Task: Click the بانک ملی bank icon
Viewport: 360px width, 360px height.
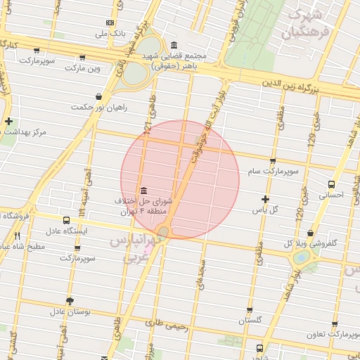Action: (x=109, y=22)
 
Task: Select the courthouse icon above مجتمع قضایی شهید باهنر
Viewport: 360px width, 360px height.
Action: (x=173, y=46)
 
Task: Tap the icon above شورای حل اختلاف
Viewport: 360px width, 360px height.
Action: (x=143, y=191)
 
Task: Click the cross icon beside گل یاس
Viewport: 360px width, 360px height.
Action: (x=265, y=200)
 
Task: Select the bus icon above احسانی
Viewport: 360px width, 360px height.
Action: (x=331, y=184)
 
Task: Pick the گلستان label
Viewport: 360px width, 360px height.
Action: (x=250, y=320)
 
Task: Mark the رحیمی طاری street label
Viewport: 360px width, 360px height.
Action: (x=166, y=326)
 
